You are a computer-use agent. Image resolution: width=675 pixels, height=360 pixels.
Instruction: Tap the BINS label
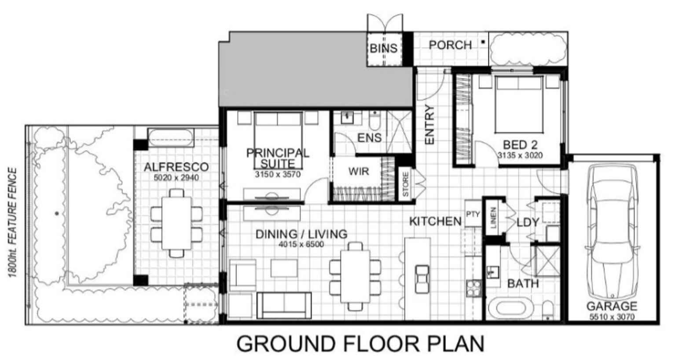point(384,48)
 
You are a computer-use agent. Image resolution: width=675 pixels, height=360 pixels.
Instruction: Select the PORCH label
point(450,45)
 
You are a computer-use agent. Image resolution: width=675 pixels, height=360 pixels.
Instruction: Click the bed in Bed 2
point(519,104)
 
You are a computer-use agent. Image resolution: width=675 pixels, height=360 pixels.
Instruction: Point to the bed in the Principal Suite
point(278,140)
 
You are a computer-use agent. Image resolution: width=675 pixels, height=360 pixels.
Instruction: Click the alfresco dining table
point(176,223)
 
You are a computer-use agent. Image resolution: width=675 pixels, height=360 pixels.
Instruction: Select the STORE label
point(406,184)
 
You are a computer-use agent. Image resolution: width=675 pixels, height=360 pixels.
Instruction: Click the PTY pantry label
point(473,214)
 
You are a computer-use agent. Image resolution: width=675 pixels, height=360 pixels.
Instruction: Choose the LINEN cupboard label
point(493,217)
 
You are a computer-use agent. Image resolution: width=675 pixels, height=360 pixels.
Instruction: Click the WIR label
point(359,171)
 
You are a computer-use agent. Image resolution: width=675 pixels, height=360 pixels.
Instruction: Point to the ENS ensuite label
point(370,138)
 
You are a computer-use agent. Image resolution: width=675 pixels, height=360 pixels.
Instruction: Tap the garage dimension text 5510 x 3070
point(612,317)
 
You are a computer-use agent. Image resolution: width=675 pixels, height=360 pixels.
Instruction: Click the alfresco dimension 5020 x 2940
point(176,178)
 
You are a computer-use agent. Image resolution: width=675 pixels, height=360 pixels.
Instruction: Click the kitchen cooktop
point(473,288)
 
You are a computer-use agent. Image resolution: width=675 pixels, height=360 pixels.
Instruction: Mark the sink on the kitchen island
point(422,279)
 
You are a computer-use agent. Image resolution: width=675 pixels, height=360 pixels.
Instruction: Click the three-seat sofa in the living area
point(284,305)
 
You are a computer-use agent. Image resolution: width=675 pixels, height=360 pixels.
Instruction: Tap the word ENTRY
point(429,124)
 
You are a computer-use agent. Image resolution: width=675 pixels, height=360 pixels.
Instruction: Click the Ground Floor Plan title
point(360,344)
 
